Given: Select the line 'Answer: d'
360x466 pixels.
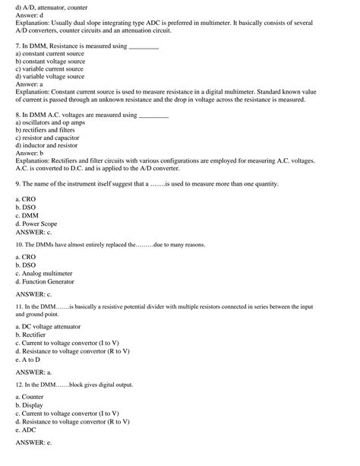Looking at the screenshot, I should pyautogui.click(x=31, y=14).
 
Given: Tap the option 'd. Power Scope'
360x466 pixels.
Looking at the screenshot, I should pyautogui.click(x=36, y=224).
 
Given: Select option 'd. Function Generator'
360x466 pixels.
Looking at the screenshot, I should pyautogui.click(x=46, y=281).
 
